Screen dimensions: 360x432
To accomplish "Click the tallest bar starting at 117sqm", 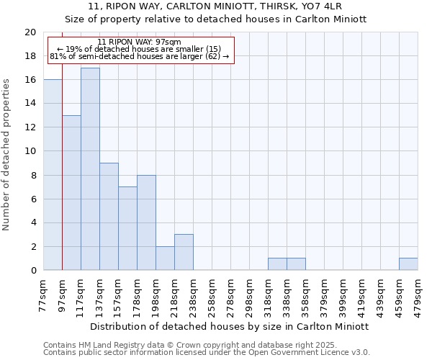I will tap(90, 169).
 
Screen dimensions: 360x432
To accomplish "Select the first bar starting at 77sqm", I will tap(53, 175).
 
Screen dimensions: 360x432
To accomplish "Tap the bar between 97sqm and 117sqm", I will tap(71, 193).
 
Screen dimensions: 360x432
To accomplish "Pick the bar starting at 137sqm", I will tap(109, 217).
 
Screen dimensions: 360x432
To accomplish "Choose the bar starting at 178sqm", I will tap(146, 222).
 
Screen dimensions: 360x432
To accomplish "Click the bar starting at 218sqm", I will tap(184, 252).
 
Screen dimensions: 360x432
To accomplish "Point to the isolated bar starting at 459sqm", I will tap(408, 264).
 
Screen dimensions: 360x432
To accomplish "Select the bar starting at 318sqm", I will tap(277, 264).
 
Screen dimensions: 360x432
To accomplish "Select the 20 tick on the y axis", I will tap(30, 32).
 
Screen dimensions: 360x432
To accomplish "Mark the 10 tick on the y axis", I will tap(30, 151).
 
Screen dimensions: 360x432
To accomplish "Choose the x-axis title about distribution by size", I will tap(230, 326).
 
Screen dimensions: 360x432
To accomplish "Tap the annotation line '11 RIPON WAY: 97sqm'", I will tap(139, 42).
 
